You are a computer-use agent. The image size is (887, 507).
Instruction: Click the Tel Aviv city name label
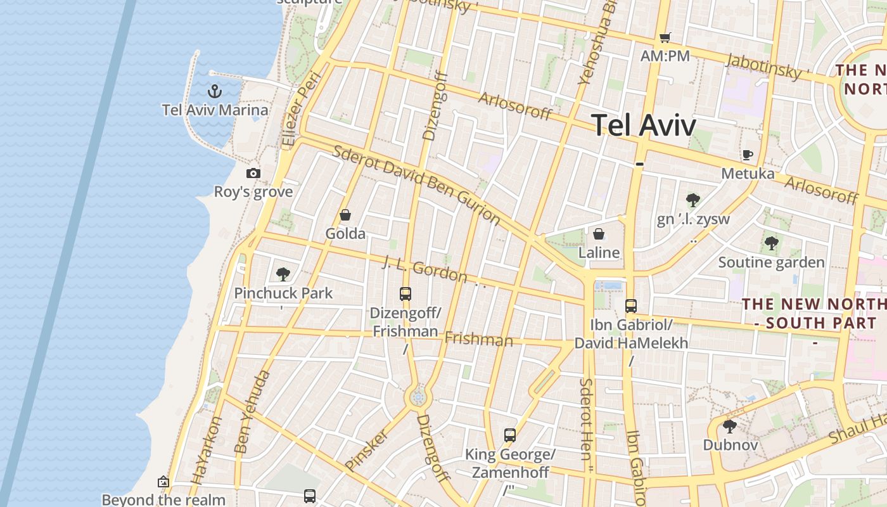point(644,125)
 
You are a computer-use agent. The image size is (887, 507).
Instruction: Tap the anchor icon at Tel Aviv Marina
point(215,91)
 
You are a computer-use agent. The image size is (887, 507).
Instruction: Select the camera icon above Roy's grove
point(253,173)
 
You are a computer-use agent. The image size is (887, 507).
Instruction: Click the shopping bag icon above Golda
point(345,215)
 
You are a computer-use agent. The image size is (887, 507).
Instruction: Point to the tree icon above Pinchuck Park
point(283,274)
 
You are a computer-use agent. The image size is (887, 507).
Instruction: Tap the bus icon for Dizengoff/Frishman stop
point(405,294)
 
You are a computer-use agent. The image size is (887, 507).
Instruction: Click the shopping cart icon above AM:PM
point(665,37)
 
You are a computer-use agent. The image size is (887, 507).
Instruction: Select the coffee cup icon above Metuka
point(748,155)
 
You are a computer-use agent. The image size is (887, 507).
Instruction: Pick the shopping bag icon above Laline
point(599,234)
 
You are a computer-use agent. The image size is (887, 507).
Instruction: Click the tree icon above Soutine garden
point(771,243)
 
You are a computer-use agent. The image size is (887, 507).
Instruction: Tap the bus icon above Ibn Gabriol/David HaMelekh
point(631,306)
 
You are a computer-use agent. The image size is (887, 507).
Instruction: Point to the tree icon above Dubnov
point(730,426)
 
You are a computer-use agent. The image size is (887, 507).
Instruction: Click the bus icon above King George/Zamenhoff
point(510,435)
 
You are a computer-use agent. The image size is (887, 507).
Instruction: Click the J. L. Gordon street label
point(424,269)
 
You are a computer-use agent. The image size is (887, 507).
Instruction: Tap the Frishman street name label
point(478,339)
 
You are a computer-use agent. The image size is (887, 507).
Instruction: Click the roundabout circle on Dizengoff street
point(418,397)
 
